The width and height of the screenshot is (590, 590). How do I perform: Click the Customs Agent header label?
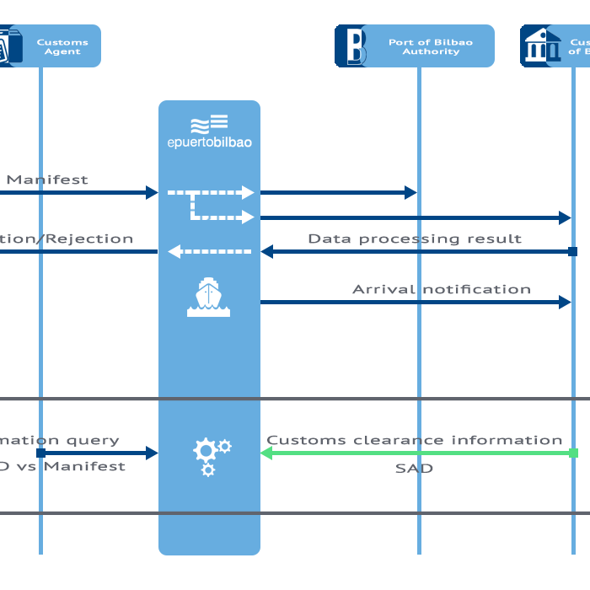(62, 46)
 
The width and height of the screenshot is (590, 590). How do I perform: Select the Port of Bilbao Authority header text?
(430, 46)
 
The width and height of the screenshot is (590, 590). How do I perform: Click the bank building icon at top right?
(541, 46)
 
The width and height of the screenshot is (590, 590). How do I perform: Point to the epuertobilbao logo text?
(209, 142)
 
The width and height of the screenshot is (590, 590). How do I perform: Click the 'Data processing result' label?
(415, 239)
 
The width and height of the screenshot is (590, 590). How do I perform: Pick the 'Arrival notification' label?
(442, 289)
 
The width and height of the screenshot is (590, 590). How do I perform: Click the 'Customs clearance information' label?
(415, 440)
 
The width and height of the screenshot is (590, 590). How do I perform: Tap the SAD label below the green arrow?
(414, 469)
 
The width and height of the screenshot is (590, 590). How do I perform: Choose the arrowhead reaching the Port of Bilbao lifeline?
(411, 192)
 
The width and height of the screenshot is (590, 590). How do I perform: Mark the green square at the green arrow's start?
(573, 453)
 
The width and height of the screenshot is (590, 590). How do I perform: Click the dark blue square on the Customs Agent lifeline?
(40, 453)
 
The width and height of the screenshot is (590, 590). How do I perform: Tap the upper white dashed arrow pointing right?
(211, 192)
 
